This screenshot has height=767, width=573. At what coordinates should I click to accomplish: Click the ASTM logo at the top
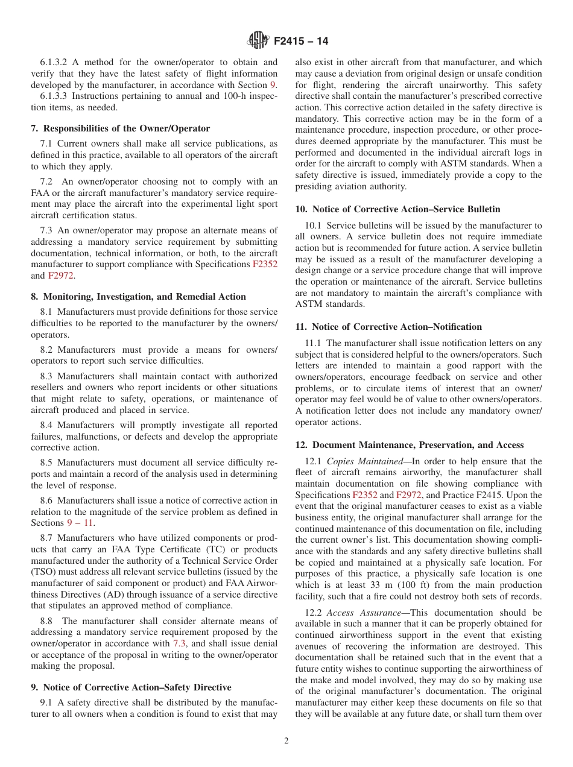(x=258, y=41)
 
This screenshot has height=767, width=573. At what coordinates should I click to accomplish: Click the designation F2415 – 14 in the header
(x=301, y=42)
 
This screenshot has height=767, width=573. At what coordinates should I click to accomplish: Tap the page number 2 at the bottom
(x=286, y=741)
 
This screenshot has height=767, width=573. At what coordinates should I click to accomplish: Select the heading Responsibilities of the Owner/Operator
(x=121, y=128)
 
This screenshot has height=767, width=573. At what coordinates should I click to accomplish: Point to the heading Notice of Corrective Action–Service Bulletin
(x=397, y=209)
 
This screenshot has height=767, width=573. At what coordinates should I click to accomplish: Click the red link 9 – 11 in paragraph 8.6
(x=80, y=523)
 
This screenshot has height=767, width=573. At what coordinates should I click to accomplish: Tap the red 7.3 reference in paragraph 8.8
(x=179, y=643)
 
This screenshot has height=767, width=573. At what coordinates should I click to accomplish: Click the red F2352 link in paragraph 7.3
(x=265, y=264)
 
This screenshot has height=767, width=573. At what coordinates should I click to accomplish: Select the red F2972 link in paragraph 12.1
(x=408, y=495)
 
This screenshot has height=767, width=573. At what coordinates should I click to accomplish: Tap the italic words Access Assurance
(x=364, y=613)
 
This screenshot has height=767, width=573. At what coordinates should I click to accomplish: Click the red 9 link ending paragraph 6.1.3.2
(x=273, y=85)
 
